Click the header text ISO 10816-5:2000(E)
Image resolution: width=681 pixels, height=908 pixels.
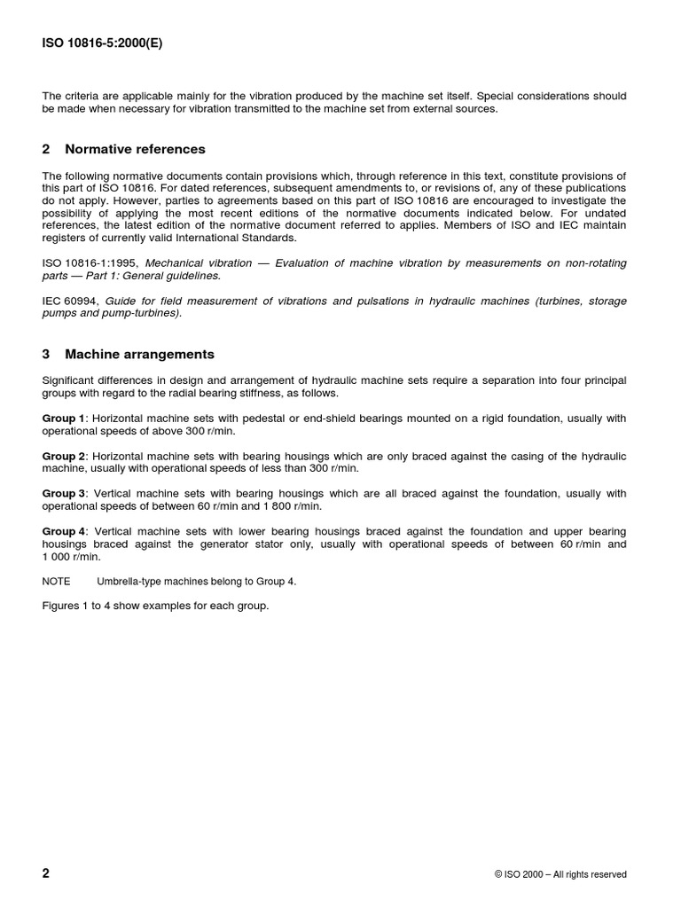coord(103,41)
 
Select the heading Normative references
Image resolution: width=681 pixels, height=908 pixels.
coord(135,149)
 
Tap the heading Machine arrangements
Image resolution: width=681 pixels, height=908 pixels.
coord(139,354)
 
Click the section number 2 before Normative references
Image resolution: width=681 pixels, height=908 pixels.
coord(46,149)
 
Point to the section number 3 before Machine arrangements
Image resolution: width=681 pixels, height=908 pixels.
coord(46,354)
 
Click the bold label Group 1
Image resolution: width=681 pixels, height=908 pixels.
coord(64,418)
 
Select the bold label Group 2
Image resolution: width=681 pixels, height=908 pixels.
coord(64,456)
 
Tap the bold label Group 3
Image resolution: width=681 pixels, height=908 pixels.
coord(64,494)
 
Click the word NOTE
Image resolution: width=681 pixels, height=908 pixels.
coord(57,582)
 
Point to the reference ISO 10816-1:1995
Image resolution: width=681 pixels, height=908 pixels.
coord(90,263)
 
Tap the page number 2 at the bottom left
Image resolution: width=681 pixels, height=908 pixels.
coord(46,873)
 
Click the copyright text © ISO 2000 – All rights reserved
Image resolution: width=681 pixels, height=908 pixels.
coord(560,874)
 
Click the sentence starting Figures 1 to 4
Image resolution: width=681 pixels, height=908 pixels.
coord(155,606)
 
